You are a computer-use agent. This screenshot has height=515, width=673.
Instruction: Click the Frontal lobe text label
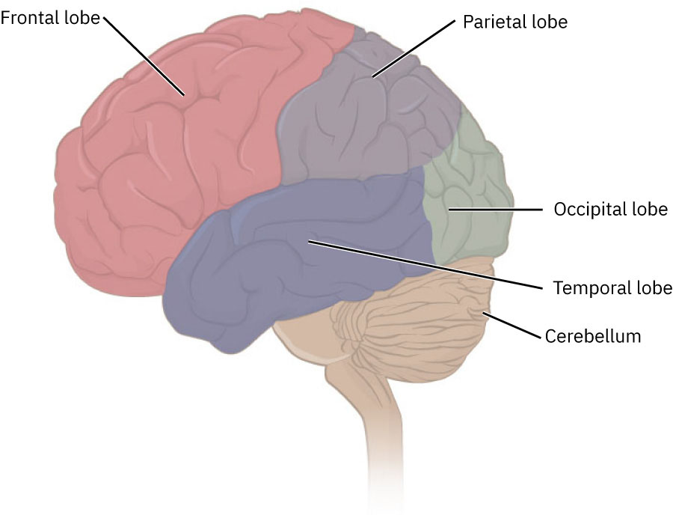click(x=50, y=18)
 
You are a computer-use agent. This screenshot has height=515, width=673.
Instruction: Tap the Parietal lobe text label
click(x=515, y=22)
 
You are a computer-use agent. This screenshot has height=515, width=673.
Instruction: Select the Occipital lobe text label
click(x=610, y=209)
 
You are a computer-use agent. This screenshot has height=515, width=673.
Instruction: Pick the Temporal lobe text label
click(x=612, y=288)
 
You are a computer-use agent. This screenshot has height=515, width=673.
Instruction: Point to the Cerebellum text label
click(x=593, y=335)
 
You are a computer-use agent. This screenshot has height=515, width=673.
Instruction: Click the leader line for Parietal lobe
click(x=415, y=48)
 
